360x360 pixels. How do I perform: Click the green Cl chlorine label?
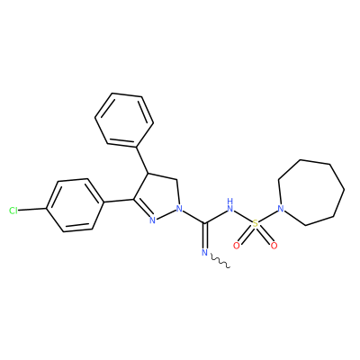click(13, 211)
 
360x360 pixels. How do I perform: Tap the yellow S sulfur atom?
click(255, 223)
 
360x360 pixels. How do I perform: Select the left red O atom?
click(237, 246)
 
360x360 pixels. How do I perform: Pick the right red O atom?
click(274, 246)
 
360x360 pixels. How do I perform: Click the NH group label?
click(230, 205)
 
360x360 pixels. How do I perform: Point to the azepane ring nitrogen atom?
click(281, 208)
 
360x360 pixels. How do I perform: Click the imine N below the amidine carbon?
click(205, 253)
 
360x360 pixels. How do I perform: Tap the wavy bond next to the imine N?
click(220, 261)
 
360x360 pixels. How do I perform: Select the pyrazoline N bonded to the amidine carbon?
click(179, 208)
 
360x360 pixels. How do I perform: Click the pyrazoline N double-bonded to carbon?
click(152, 220)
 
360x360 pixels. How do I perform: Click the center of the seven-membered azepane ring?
click(310, 193)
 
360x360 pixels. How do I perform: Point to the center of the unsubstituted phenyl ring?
click(124, 120)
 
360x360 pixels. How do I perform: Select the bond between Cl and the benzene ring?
click(32, 210)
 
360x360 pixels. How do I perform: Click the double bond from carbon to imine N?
click(205, 236)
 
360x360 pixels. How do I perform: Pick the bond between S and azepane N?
click(267, 216)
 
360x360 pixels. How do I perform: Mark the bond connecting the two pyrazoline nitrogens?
click(166, 214)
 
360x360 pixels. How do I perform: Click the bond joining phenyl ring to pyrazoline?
click(142, 160)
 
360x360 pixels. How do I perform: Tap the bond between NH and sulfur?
click(243, 216)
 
